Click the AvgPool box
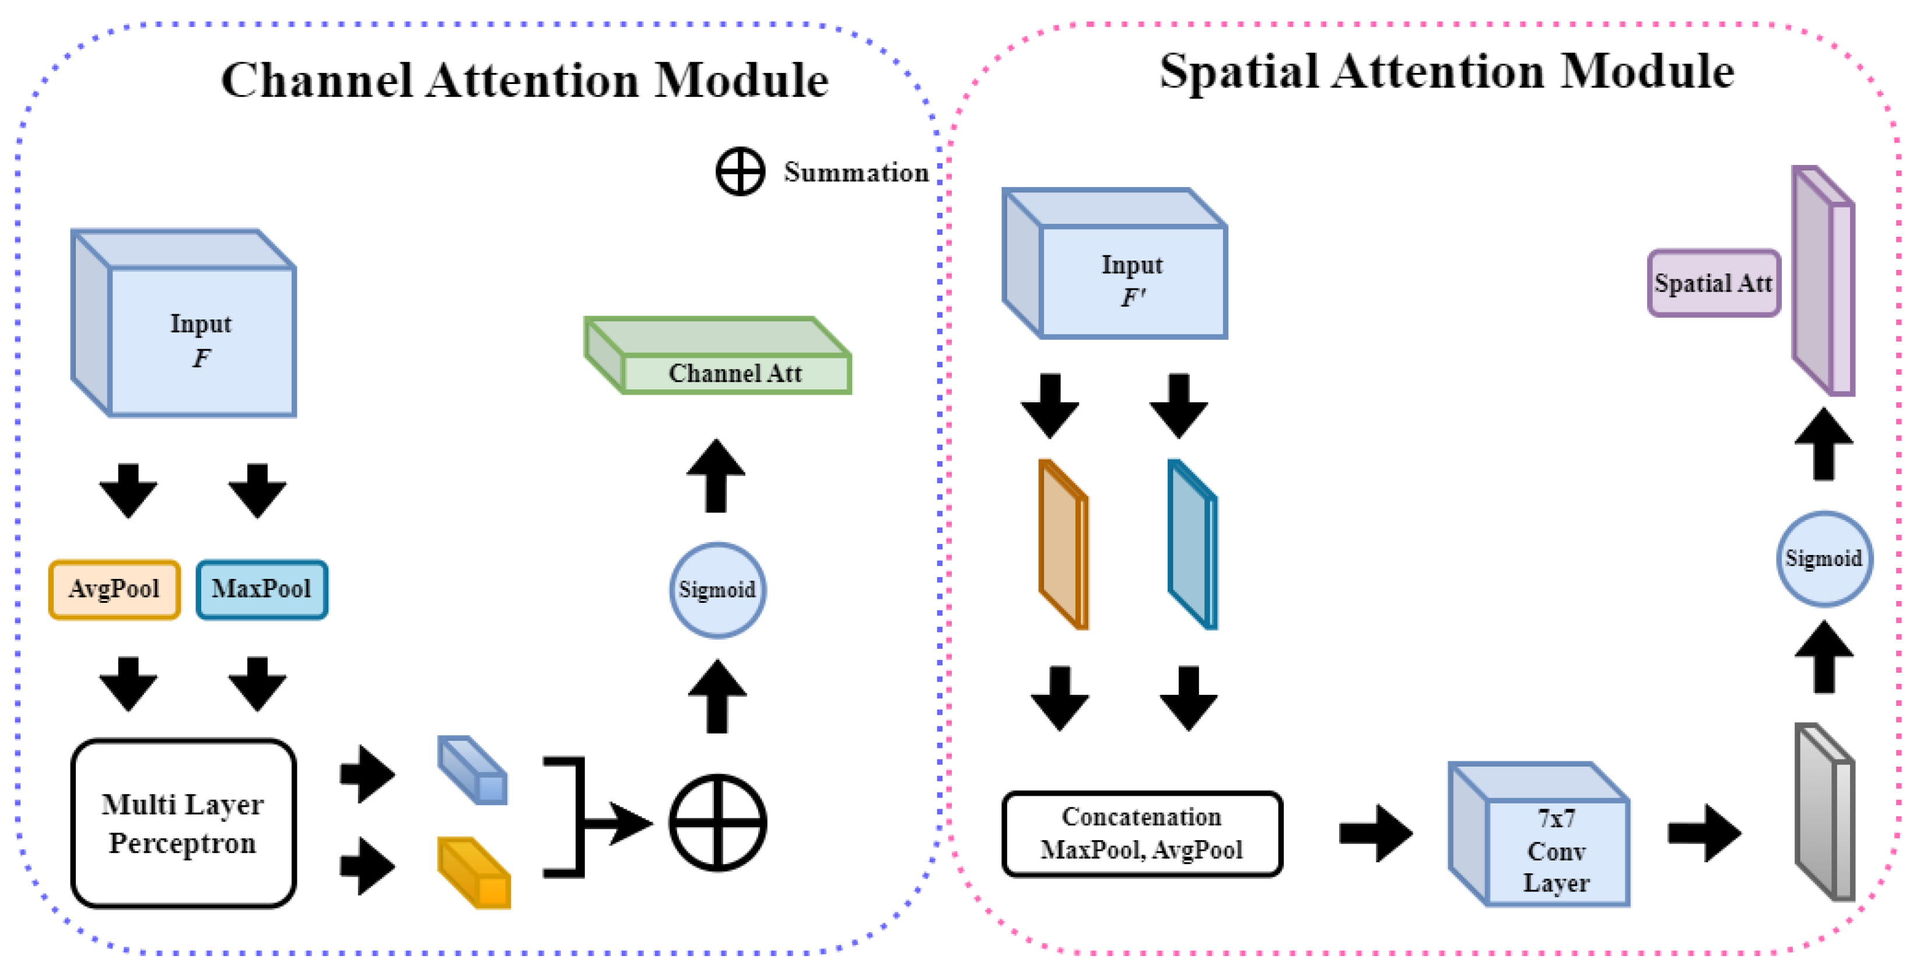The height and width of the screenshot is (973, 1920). (x=114, y=589)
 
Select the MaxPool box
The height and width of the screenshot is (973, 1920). (x=262, y=589)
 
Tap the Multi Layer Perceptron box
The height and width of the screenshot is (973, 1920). (x=183, y=823)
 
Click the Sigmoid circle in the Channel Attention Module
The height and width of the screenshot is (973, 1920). (x=717, y=589)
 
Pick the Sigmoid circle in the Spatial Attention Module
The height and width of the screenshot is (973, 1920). (x=1823, y=558)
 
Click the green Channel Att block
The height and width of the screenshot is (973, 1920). (x=735, y=372)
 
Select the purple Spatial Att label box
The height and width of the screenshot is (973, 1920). (x=1713, y=283)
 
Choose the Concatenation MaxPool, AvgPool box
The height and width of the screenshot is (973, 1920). (x=1141, y=833)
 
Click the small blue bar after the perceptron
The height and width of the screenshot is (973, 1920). (x=474, y=771)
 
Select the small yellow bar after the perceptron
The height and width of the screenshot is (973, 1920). (x=475, y=873)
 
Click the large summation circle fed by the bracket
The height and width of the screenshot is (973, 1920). (x=717, y=823)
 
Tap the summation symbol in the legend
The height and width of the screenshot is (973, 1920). (x=740, y=172)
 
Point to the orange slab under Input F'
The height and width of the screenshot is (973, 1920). (x=1063, y=545)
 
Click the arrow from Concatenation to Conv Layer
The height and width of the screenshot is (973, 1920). (x=1375, y=833)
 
